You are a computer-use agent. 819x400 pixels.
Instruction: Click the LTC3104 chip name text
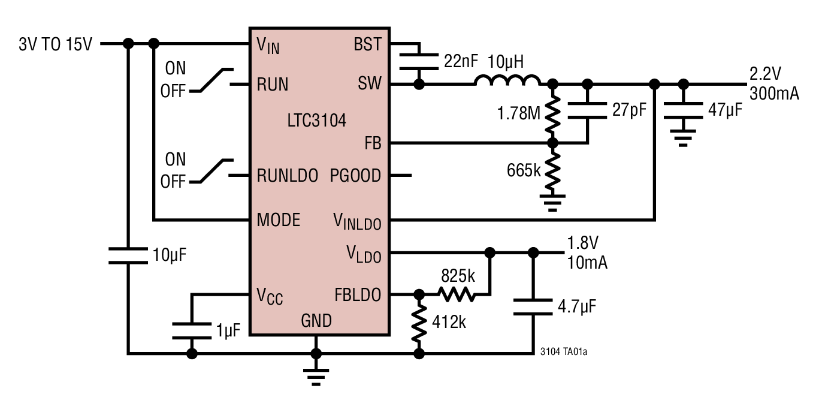click(x=316, y=121)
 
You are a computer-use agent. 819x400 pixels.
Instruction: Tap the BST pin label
click(x=367, y=45)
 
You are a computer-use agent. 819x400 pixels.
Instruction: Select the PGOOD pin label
click(x=355, y=176)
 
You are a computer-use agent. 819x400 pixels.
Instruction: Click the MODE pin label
click(x=278, y=220)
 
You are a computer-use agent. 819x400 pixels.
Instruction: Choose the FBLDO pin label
click(x=358, y=295)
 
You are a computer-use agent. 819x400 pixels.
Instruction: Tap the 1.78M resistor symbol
click(x=553, y=113)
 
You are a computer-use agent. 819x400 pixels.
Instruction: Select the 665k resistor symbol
click(x=553, y=170)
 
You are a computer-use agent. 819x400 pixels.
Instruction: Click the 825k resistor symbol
click(x=457, y=294)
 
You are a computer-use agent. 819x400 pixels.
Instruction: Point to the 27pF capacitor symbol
click(x=588, y=112)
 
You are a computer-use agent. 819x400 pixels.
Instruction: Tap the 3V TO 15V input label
click(x=56, y=44)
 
